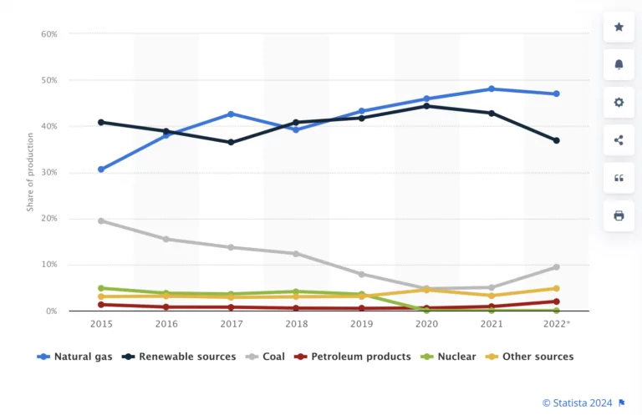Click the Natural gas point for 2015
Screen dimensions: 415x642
101,170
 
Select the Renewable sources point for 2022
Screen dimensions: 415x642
556,140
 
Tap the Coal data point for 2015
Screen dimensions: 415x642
101,220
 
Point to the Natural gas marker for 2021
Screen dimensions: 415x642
492,89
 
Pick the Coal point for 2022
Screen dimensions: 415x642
556,267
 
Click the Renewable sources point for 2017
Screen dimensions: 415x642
232,143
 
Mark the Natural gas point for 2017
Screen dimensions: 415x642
232,114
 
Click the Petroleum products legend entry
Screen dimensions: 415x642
354,357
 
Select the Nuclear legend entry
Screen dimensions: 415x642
450,357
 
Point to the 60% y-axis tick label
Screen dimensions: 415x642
48,34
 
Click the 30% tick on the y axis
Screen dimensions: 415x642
48,173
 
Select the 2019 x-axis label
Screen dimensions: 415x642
361,322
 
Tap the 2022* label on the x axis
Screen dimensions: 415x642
557,322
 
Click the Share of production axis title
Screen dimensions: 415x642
29,172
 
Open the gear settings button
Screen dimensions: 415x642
619,103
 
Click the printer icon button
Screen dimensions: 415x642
619,215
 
